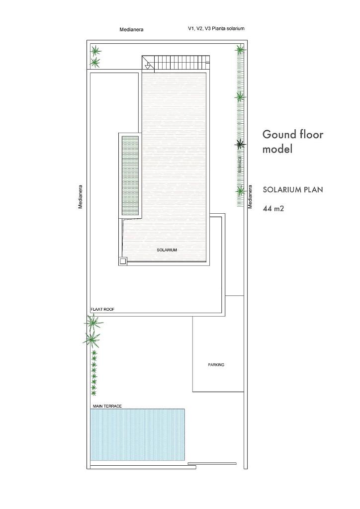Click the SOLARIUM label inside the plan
[167, 250]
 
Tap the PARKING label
[216, 365]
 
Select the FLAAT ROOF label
[102, 309]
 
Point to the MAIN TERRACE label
[107, 406]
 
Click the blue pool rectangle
[137, 434]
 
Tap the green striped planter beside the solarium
[130, 175]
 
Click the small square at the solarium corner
[123, 261]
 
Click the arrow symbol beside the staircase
[148, 67]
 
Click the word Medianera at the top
[131, 29]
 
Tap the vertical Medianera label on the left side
[81, 197]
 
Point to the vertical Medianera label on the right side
[250, 197]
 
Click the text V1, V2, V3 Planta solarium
[216, 28]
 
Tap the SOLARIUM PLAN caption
[293, 189]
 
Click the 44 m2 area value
[273, 208]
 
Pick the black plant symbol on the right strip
[240, 144]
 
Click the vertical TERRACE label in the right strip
[240, 164]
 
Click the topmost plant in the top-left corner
[95, 51]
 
